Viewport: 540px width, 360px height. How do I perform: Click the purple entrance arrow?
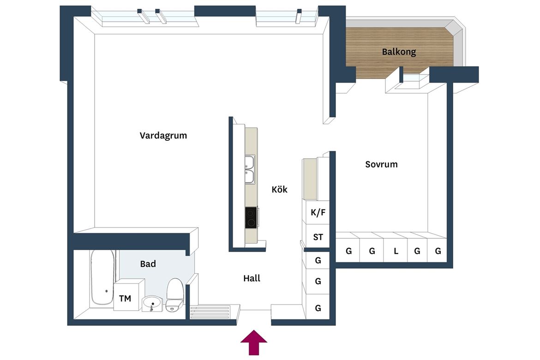coord(254,342)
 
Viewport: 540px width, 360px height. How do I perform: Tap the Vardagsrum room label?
coord(163,136)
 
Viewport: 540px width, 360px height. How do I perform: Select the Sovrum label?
coord(381,164)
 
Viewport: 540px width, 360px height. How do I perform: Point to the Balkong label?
coord(399,52)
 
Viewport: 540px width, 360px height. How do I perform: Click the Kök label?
coord(279,189)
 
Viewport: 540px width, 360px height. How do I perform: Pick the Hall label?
coord(252,278)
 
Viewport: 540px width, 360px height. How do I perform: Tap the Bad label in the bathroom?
coord(148,264)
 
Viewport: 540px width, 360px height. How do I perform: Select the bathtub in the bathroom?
coord(102,277)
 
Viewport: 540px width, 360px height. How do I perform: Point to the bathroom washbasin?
coord(151,304)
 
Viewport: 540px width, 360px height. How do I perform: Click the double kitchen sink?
coord(250,169)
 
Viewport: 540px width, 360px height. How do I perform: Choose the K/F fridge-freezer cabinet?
coord(318,212)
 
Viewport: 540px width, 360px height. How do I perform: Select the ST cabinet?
coord(318,237)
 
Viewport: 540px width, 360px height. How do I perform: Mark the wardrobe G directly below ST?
coord(318,260)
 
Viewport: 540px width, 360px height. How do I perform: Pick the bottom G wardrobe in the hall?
coord(318,307)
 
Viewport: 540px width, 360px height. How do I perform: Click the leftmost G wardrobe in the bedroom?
coord(348,251)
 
